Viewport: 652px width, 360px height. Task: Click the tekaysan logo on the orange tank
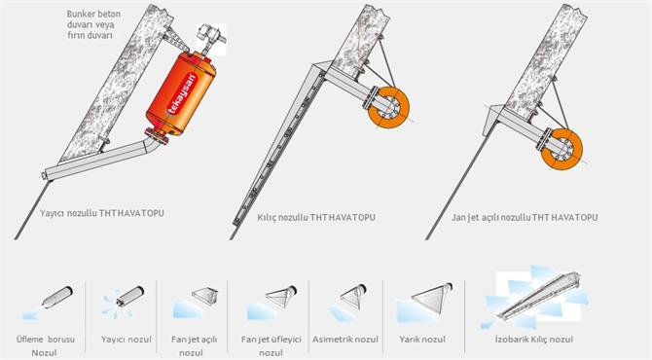(x=181, y=94)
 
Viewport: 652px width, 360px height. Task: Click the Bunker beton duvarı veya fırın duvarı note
(x=93, y=24)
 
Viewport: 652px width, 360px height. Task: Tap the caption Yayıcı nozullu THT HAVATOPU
(x=102, y=213)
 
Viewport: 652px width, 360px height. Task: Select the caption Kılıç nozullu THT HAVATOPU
(x=316, y=217)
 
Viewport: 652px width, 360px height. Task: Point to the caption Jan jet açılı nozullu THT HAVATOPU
(x=525, y=217)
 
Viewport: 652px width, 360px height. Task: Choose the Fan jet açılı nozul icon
(x=195, y=303)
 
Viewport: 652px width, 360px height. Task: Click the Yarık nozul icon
(x=423, y=303)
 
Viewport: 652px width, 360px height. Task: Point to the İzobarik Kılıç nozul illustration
(x=535, y=297)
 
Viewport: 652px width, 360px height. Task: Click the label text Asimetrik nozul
(x=345, y=340)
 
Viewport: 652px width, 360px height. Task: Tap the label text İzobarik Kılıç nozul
(x=534, y=340)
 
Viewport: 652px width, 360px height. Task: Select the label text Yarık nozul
(x=422, y=340)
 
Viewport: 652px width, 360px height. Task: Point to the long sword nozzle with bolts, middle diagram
(x=277, y=146)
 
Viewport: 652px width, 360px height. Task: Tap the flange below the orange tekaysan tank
(x=157, y=136)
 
